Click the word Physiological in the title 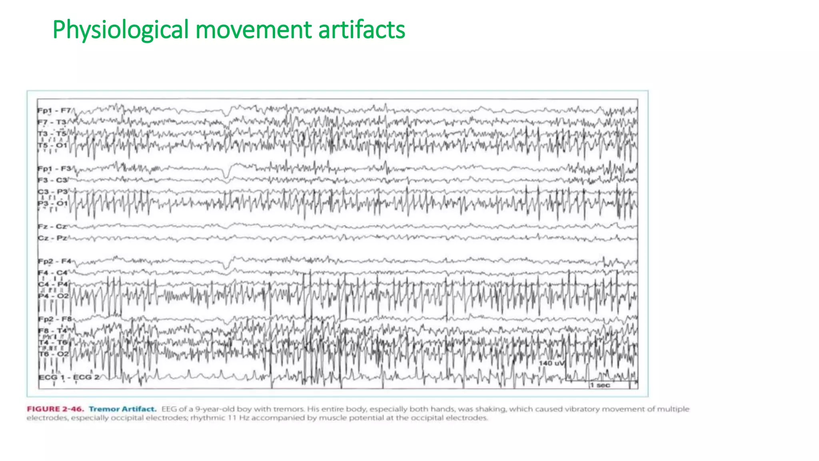click(x=120, y=30)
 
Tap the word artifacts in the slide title click(x=362, y=30)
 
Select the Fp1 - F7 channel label click(x=54, y=110)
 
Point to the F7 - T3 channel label click(x=52, y=122)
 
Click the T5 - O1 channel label click(x=52, y=145)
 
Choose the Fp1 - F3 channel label click(x=54, y=168)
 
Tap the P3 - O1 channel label click(x=53, y=203)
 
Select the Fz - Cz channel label click(x=52, y=226)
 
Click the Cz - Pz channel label click(x=52, y=238)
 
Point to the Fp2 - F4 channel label click(x=54, y=261)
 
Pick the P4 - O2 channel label click(x=54, y=296)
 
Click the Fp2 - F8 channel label click(x=55, y=319)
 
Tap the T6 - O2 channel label click(x=54, y=354)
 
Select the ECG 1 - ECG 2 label click(x=69, y=377)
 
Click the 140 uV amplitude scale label click(x=551, y=363)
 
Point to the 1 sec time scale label click(x=600, y=385)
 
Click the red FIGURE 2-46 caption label click(x=56, y=409)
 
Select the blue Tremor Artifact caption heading click(x=122, y=409)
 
